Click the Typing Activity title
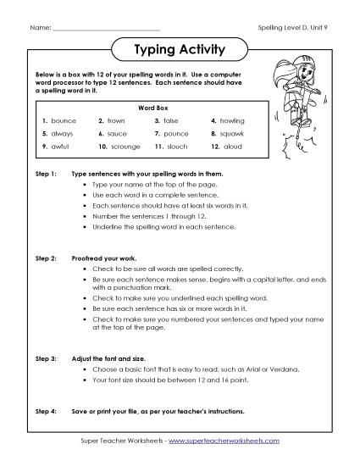180,50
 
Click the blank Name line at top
105,29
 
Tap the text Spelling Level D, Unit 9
292,28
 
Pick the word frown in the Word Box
118,121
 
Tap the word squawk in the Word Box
232,134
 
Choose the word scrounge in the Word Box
126,147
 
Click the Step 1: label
46,172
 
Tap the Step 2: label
46,255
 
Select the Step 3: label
46,360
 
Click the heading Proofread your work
108,255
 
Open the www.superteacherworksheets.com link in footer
227,441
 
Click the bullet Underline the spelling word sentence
158,227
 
